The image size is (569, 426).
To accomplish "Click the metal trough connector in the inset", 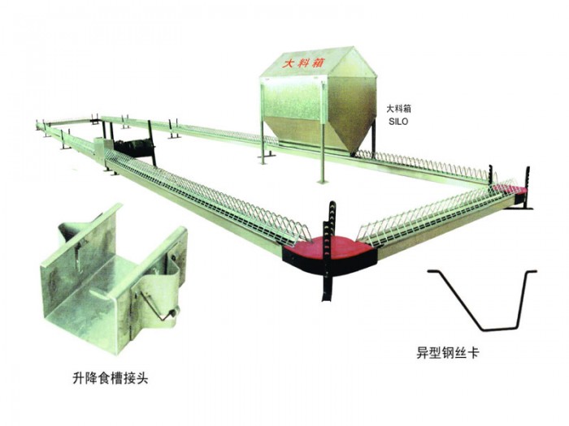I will coord(110,268).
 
